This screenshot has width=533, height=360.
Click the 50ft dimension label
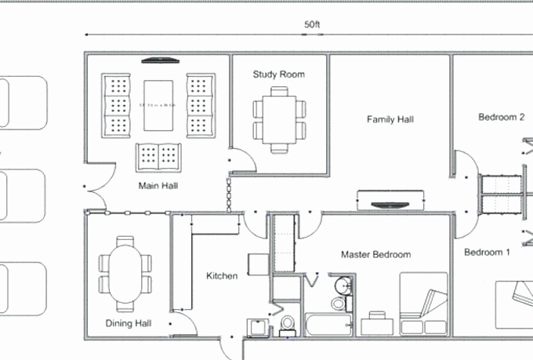[x=313, y=24]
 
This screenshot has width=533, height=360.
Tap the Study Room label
[x=278, y=75]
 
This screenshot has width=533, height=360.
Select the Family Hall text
[x=390, y=120]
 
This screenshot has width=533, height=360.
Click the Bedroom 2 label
[x=501, y=118]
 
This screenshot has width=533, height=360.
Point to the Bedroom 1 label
[x=487, y=252]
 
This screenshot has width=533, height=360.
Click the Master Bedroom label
[x=375, y=254]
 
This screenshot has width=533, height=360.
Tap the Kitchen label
[x=222, y=275]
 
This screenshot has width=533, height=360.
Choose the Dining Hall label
[x=129, y=323]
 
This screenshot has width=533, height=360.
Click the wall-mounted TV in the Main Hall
[x=160, y=60]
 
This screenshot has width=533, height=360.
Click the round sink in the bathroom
[x=342, y=285]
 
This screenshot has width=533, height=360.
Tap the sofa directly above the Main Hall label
[x=160, y=156]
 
